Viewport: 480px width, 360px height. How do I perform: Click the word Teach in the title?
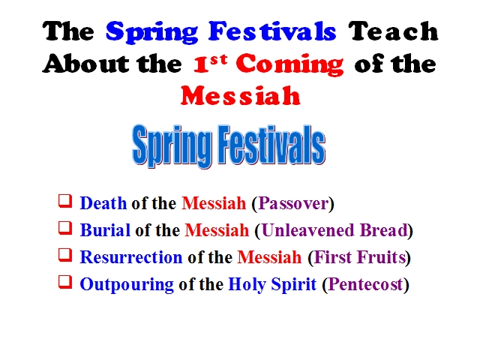coord(393,31)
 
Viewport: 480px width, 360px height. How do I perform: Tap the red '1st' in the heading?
coord(210,63)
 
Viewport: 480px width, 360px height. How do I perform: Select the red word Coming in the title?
coord(289,64)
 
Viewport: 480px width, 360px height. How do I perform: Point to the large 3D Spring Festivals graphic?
coord(229,146)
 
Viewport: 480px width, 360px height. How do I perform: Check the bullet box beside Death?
coord(65,201)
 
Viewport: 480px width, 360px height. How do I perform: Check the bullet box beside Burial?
coord(65,228)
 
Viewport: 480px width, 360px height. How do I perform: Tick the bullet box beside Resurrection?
coord(65,255)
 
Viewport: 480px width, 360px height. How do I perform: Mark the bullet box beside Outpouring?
coord(65,282)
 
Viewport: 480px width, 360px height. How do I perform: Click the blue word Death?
coord(103,203)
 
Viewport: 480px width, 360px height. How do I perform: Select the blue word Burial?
coord(105,230)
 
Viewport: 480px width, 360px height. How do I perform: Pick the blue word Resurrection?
coord(131,256)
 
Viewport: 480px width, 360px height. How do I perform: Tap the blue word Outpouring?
coord(127,284)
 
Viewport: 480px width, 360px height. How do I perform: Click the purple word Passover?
coord(293,203)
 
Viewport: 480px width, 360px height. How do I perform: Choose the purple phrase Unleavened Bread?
coord(335,230)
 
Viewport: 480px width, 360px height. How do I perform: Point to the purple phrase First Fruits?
coord(360,256)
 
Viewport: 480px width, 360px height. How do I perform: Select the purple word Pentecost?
coord(365,283)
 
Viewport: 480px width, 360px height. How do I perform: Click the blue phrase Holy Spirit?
coord(272,284)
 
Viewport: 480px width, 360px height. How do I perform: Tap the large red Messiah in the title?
coord(240,96)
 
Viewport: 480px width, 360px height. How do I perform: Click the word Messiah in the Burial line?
coord(217,230)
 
